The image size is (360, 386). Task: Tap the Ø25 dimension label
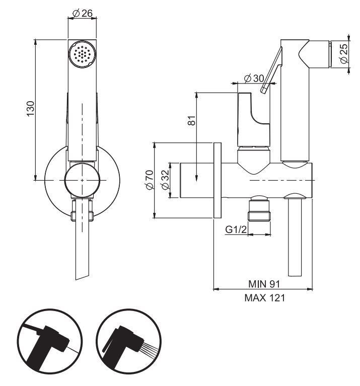point(344,54)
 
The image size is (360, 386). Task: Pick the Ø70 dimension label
point(149,180)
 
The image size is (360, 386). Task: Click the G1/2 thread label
point(236,230)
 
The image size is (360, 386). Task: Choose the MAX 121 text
point(264,298)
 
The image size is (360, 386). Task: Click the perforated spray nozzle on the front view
point(82,53)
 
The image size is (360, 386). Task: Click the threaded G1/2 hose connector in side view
point(260,209)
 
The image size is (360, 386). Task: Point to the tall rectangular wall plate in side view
point(218,180)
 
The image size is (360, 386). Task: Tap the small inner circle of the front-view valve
point(82,180)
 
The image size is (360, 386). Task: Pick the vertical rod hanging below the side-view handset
point(295,237)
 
